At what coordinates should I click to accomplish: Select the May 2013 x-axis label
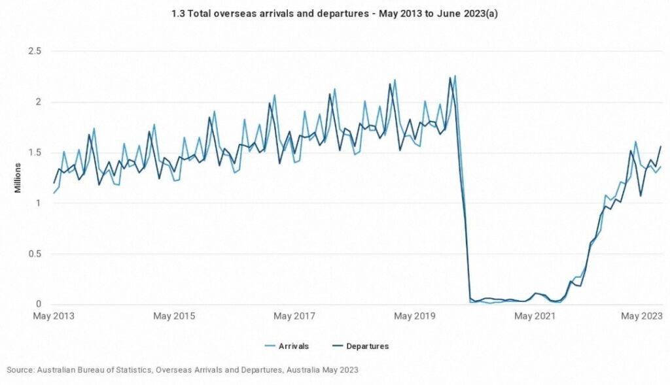click(54, 317)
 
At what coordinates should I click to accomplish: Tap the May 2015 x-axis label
click(174, 317)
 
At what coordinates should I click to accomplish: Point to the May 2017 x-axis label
click(294, 317)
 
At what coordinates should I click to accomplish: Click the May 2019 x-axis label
click(415, 317)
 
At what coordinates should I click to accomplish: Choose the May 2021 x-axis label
click(535, 317)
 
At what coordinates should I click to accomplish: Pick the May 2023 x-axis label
click(641, 317)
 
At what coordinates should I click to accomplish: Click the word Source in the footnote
click(20, 370)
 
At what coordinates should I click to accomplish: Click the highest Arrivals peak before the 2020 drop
click(455, 76)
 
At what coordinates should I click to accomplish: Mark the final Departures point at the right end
click(661, 146)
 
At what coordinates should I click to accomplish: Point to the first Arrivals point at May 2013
click(54, 193)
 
